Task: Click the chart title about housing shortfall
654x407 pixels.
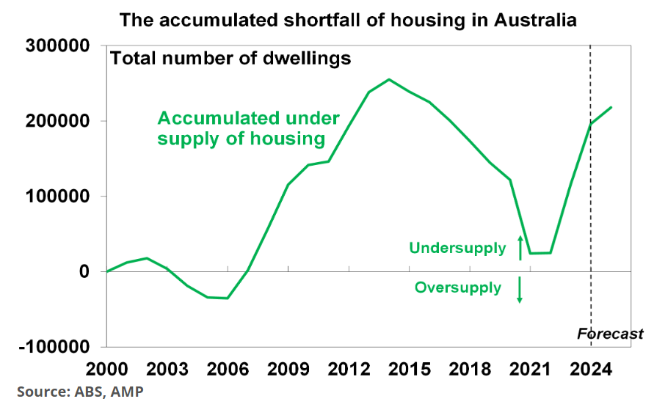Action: pos(348,20)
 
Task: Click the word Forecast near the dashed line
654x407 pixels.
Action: pos(610,334)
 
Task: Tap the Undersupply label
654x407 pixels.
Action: pos(457,248)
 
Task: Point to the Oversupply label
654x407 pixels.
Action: pos(458,287)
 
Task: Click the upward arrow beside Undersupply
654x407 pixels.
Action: pos(520,248)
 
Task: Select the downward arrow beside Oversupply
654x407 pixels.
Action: pos(520,290)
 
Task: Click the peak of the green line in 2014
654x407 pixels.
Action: pos(389,79)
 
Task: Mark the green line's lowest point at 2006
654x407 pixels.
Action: pos(227,298)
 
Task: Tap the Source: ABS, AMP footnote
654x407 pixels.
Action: pos(80,392)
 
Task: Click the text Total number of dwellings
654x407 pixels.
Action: pos(230,58)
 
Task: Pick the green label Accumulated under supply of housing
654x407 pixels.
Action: pos(248,128)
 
